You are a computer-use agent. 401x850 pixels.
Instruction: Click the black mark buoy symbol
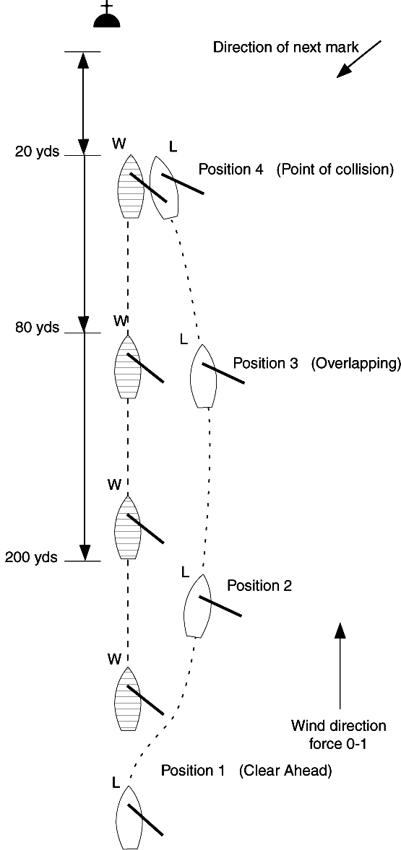click(106, 19)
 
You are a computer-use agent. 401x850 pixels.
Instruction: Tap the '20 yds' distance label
click(36, 152)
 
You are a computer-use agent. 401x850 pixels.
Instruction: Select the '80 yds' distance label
click(36, 328)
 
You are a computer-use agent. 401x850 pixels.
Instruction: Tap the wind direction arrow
click(340, 664)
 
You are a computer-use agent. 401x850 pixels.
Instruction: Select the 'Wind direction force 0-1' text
click(338, 733)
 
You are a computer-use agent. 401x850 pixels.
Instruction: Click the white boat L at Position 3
click(203, 375)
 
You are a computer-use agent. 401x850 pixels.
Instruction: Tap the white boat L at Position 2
click(197, 606)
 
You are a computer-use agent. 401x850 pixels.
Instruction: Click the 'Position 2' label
click(259, 586)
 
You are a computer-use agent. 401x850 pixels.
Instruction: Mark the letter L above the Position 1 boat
click(116, 782)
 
